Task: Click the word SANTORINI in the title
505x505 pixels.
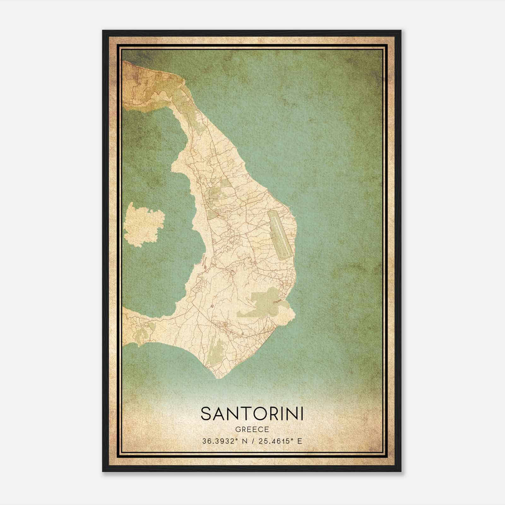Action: click(x=252, y=413)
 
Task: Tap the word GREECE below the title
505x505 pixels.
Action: click(x=252, y=430)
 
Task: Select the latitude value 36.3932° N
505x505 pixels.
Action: click(x=224, y=441)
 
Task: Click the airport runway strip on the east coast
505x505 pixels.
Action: click(x=280, y=234)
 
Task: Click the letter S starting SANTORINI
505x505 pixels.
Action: click(x=205, y=413)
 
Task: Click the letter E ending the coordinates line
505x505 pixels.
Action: click(x=300, y=441)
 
